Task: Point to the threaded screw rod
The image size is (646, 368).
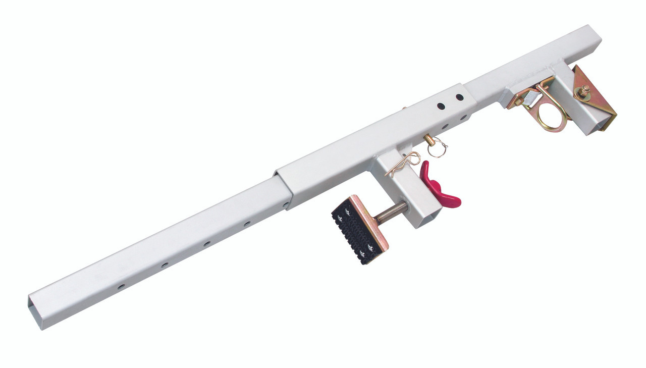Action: (391, 213)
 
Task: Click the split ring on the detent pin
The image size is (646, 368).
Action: (439, 149)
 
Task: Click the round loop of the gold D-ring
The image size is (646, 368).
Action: (550, 119)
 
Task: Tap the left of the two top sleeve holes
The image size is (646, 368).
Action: (441, 106)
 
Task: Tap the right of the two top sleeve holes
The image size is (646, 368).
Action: (459, 97)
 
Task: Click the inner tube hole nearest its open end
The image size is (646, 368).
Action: (121, 286)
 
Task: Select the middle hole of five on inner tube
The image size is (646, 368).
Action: (207, 244)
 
